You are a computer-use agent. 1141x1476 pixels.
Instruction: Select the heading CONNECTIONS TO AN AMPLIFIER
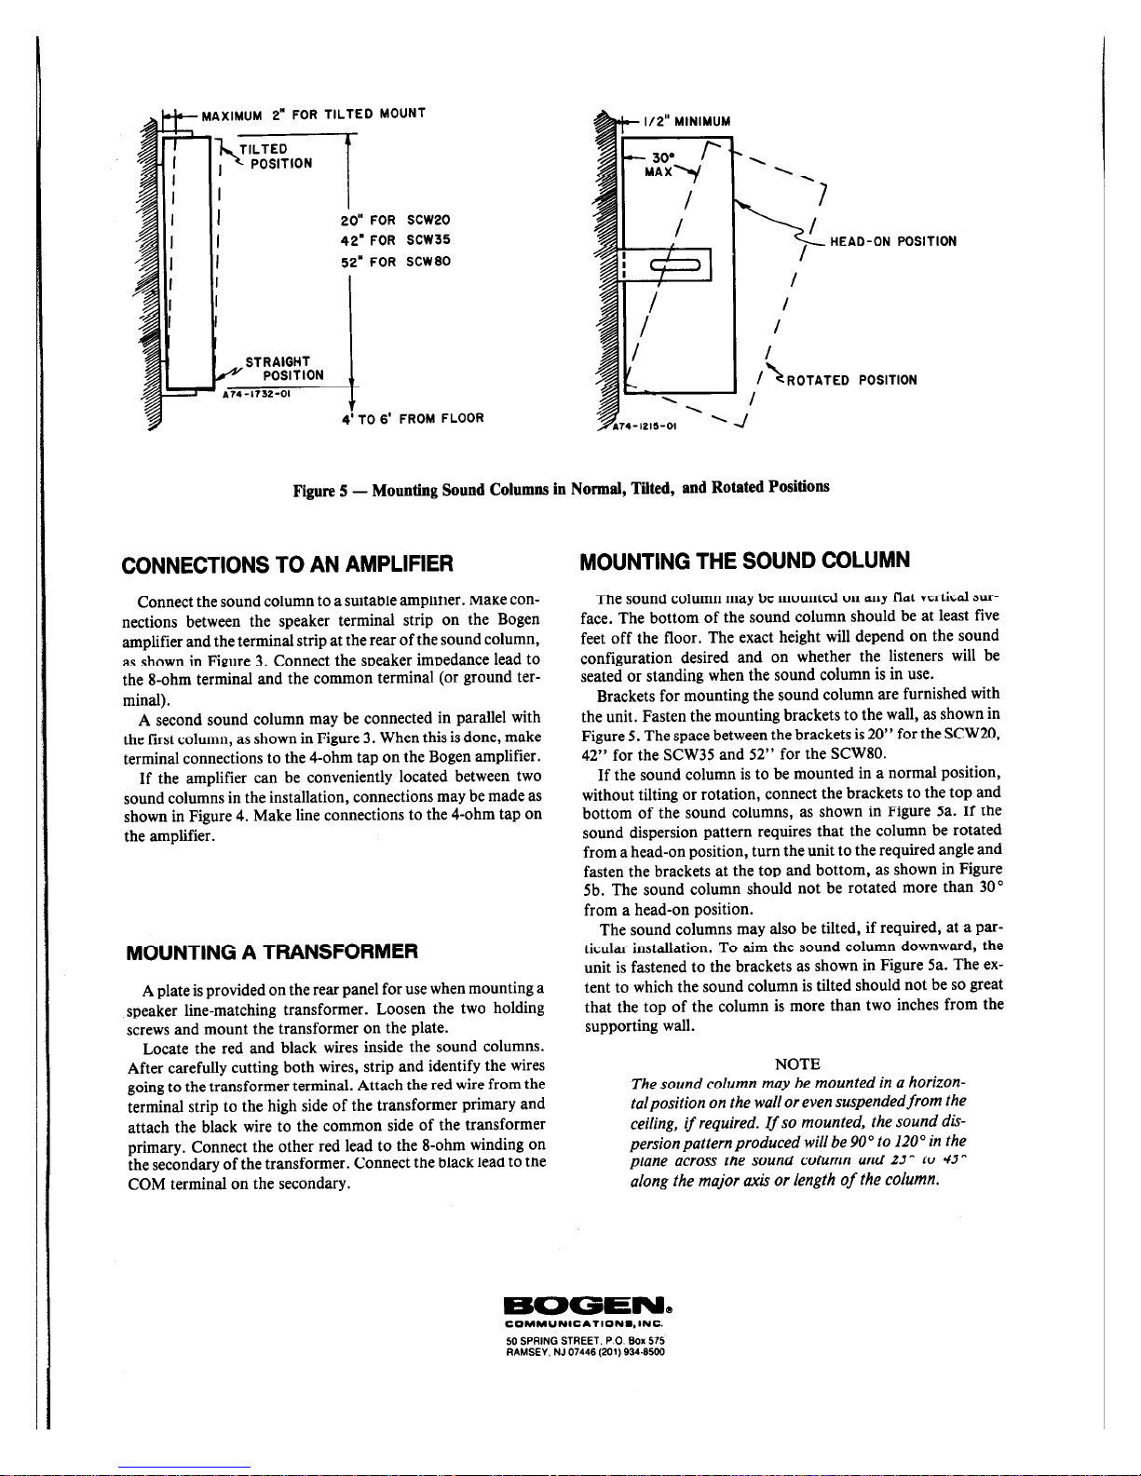(288, 563)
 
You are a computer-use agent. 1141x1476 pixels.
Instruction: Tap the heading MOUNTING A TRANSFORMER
(273, 951)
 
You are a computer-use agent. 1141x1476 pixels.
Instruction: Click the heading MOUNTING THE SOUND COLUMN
(744, 560)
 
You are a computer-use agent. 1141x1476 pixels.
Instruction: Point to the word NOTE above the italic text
(797, 1063)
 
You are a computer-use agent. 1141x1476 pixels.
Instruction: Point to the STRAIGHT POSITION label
(283, 368)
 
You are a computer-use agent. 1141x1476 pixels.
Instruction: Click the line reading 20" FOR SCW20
(396, 220)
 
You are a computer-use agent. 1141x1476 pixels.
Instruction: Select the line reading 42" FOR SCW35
(396, 239)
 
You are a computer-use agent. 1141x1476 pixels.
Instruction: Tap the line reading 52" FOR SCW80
(396, 261)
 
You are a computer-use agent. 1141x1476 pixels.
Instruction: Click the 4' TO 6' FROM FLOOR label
(413, 418)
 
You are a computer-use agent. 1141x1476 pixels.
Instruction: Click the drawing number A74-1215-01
(645, 427)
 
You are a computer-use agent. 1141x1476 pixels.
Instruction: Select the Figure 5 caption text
(561, 487)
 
